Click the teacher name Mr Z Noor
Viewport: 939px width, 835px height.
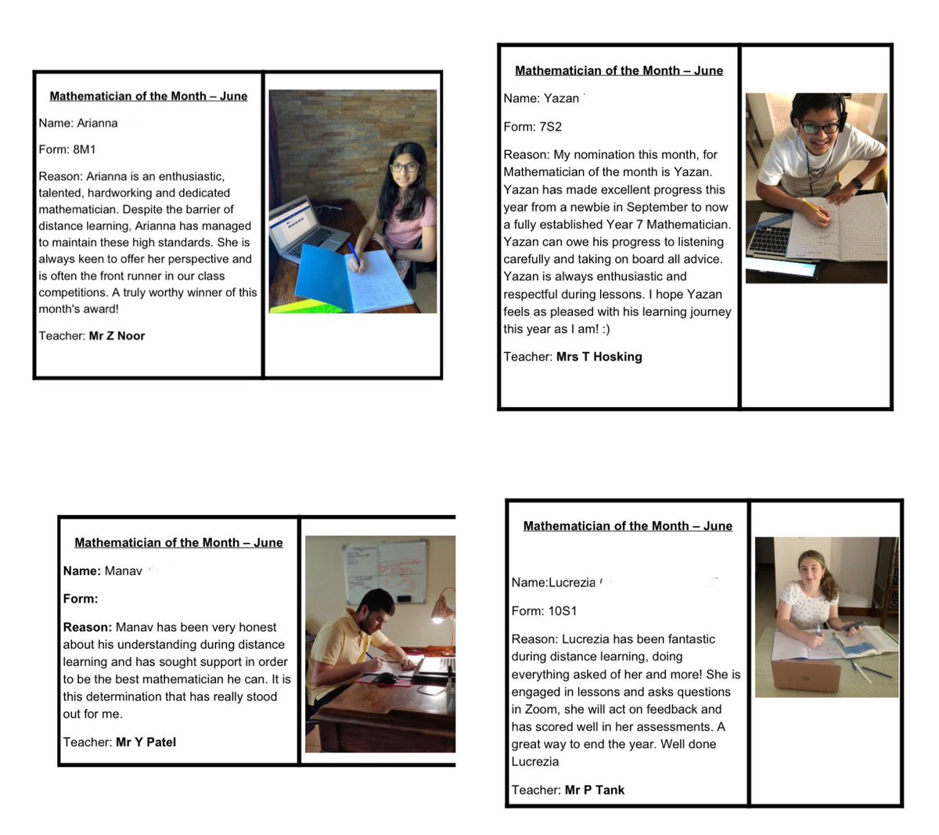pos(117,336)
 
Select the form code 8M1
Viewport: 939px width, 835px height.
pos(84,149)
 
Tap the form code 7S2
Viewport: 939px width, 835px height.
pos(550,127)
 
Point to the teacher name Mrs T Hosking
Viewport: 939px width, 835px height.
pos(599,357)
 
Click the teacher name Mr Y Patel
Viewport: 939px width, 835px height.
pos(146,742)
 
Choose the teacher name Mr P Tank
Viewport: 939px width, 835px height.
pos(595,790)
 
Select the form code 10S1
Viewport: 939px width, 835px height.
pos(563,611)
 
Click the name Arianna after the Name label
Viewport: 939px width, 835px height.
pos(97,123)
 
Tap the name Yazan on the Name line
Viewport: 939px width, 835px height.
pos(561,99)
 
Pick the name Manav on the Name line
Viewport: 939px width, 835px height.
pos(123,571)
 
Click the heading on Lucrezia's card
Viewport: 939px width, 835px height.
pos(628,526)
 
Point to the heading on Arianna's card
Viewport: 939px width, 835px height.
pos(148,96)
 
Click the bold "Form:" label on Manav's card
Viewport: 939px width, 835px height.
pos(81,599)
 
